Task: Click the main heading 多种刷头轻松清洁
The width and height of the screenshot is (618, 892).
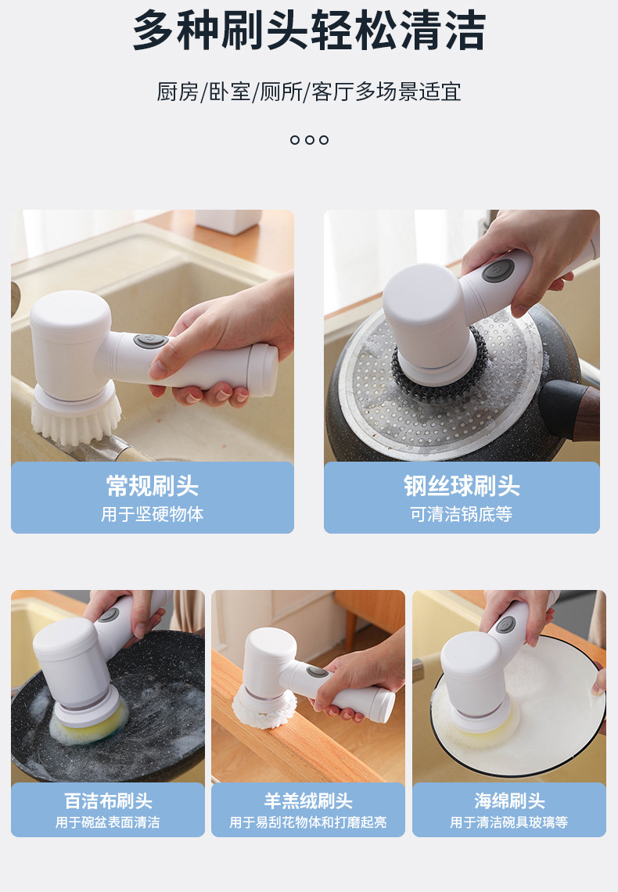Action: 309,31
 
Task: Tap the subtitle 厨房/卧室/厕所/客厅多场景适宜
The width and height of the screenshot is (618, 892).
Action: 309,92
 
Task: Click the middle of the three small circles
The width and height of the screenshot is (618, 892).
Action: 309,140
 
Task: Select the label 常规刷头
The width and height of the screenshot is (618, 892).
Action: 153,486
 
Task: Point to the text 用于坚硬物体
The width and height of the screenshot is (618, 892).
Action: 153,515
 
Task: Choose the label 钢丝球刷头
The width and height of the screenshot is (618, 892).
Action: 462,486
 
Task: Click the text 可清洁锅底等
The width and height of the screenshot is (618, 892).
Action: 462,515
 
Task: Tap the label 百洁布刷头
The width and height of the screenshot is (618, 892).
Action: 108,801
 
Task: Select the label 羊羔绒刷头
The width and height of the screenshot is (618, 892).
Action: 308,801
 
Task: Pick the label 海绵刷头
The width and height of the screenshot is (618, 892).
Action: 509,801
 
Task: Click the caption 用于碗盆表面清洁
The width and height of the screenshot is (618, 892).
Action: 108,822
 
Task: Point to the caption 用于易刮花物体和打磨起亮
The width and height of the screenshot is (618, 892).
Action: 308,822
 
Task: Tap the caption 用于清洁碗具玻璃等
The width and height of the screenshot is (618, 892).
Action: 509,822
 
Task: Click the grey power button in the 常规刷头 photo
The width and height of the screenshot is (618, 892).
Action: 149,342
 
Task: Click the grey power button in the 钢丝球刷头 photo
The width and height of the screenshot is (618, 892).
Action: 498,271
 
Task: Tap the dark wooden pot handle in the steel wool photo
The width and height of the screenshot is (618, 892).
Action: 571,407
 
